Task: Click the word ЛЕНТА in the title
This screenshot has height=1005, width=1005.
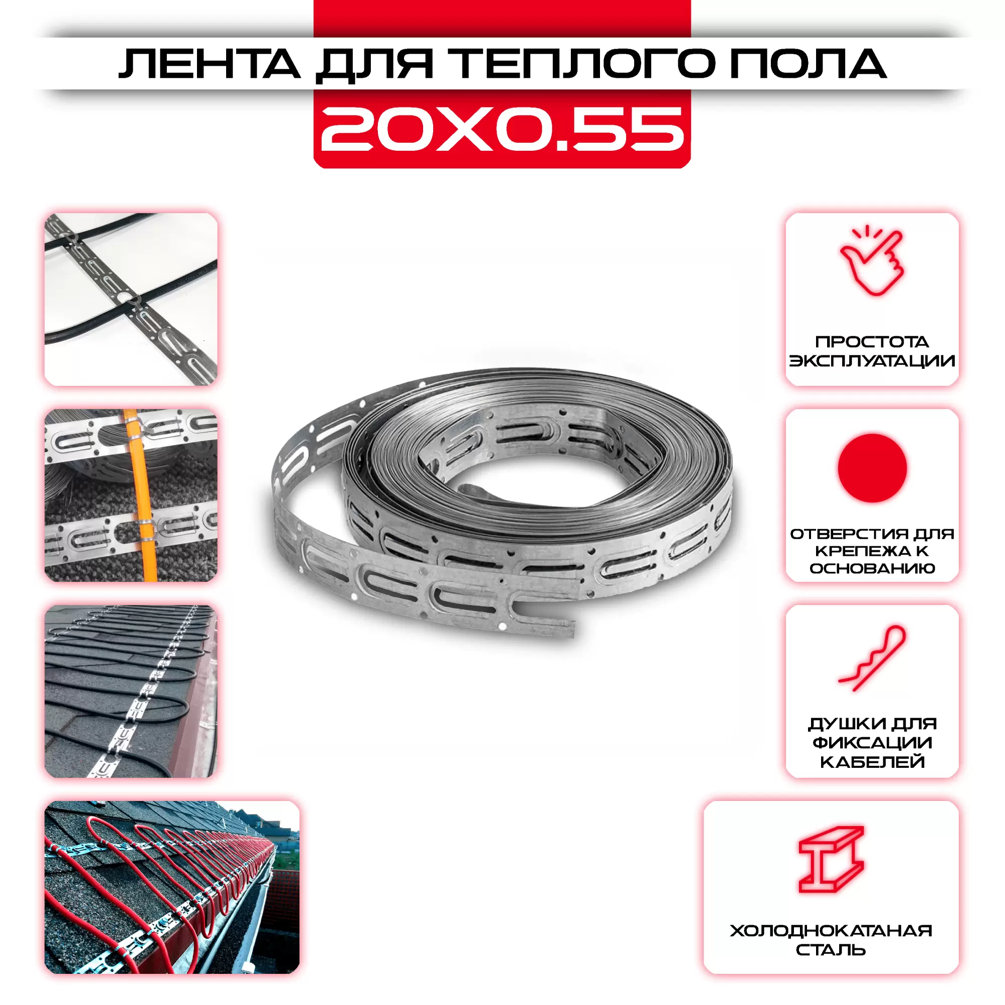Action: click(x=209, y=64)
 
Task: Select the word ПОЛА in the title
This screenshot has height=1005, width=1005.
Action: click(x=809, y=64)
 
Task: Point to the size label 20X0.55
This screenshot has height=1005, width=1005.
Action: click(x=502, y=129)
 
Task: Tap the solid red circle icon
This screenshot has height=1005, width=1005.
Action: click(x=872, y=468)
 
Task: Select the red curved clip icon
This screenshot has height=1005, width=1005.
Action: click(x=872, y=658)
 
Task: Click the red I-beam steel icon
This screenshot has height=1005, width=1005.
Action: click(x=831, y=859)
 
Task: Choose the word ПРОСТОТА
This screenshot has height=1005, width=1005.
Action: click(x=872, y=342)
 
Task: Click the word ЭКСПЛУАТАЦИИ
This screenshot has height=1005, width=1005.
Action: click(x=872, y=360)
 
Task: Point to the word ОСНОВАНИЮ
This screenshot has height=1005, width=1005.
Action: click(x=872, y=568)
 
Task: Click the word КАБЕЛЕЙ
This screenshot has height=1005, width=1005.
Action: click(x=872, y=762)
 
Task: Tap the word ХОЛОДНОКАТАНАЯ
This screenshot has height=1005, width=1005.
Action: click(x=831, y=931)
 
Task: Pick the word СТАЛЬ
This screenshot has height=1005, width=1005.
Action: click(x=831, y=950)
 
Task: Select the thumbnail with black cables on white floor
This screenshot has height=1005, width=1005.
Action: click(x=131, y=299)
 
